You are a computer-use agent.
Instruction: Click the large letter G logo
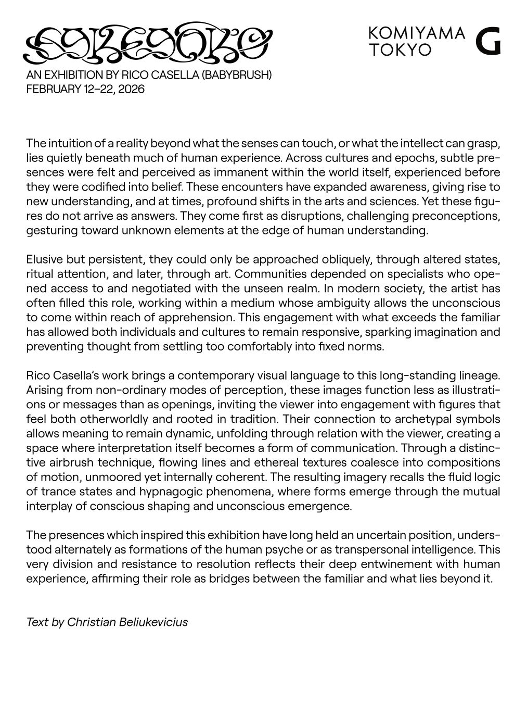tap(488, 41)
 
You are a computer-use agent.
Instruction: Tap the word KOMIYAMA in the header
tap(416, 33)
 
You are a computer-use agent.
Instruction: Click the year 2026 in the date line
tap(131, 89)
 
